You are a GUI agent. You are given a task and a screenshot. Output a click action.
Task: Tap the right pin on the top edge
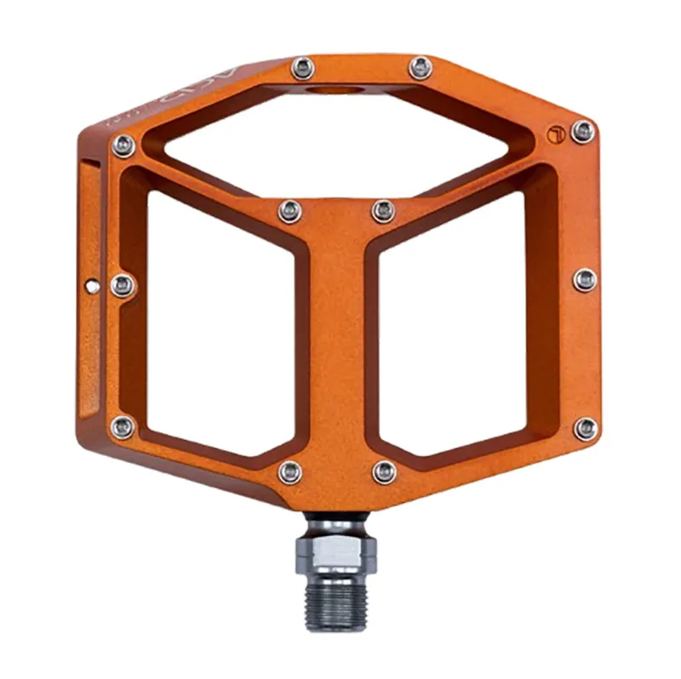(x=420, y=67)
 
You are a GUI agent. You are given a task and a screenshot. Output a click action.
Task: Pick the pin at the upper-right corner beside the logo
(x=583, y=131)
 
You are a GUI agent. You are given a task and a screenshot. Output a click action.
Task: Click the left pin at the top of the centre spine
(x=289, y=210)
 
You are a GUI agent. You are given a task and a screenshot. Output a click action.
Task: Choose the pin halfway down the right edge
(x=585, y=279)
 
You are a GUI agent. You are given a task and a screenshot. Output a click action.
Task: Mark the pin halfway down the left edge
(x=122, y=284)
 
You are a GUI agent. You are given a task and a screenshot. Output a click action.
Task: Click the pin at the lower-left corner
(x=123, y=426)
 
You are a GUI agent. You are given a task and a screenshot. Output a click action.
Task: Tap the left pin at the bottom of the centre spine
(x=290, y=471)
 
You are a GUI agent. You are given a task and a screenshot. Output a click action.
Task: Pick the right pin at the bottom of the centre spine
(x=384, y=471)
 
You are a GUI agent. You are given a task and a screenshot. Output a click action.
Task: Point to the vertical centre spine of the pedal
(x=337, y=340)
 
